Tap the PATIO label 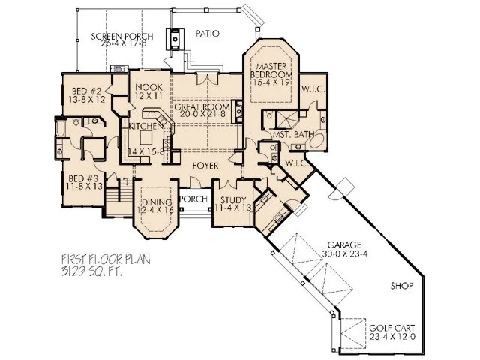coord(207,34)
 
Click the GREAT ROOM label coord(200,107)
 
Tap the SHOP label coord(403,286)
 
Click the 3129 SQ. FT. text coord(91,272)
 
